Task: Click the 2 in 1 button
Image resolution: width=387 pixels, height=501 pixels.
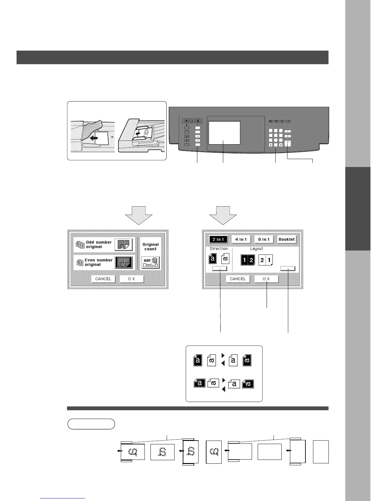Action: (x=218, y=239)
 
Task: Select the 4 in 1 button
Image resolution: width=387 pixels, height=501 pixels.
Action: (x=241, y=239)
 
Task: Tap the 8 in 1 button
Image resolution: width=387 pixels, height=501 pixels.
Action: (x=264, y=239)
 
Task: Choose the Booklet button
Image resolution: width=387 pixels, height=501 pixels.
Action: (x=287, y=239)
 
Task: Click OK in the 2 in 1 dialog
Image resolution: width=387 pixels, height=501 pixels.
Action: (x=267, y=279)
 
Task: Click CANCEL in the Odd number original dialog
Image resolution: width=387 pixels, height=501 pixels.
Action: (x=103, y=279)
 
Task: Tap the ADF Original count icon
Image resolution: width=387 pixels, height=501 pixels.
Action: (x=150, y=262)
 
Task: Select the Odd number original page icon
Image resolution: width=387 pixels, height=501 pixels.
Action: (x=124, y=245)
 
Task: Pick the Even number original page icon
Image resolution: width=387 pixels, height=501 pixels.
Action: (x=124, y=262)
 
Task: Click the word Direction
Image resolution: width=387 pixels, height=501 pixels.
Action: (x=219, y=249)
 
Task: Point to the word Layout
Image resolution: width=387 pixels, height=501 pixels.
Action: (x=256, y=249)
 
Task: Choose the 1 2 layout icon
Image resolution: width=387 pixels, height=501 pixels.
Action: (x=248, y=260)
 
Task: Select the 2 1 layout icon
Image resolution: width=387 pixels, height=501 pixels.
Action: (x=266, y=260)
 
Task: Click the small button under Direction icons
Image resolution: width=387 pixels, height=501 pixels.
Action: (x=219, y=269)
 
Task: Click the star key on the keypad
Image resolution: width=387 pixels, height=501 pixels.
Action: (x=271, y=145)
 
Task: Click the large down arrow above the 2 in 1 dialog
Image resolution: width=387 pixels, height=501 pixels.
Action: (x=223, y=215)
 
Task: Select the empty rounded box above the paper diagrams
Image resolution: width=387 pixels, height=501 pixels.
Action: (x=91, y=424)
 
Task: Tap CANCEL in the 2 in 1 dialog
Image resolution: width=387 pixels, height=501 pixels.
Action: (x=238, y=279)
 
